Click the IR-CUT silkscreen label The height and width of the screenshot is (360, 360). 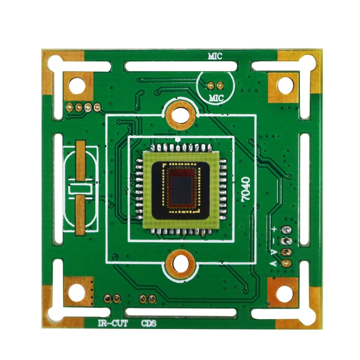point(113,324)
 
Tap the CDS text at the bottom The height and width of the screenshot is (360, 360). point(149,324)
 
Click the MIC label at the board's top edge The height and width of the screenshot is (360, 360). point(215,56)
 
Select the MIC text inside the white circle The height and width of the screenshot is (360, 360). point(216,98)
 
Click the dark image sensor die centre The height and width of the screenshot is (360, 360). point(181,190)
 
